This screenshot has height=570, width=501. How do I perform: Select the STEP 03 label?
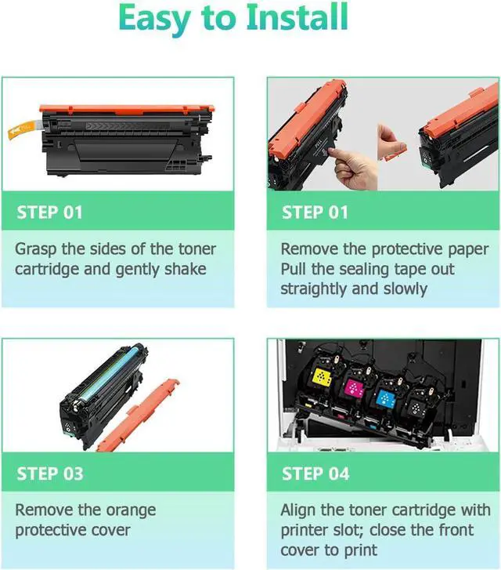tap(49, 474)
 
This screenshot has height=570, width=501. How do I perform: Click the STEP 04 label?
tap(315, 474)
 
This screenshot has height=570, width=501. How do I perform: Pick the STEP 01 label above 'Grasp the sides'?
tap(49, 212)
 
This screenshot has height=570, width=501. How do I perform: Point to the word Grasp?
tap(38, 249)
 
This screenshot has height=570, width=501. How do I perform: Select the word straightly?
tap(318, 289)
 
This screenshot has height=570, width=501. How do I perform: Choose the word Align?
tap(301, 510)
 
